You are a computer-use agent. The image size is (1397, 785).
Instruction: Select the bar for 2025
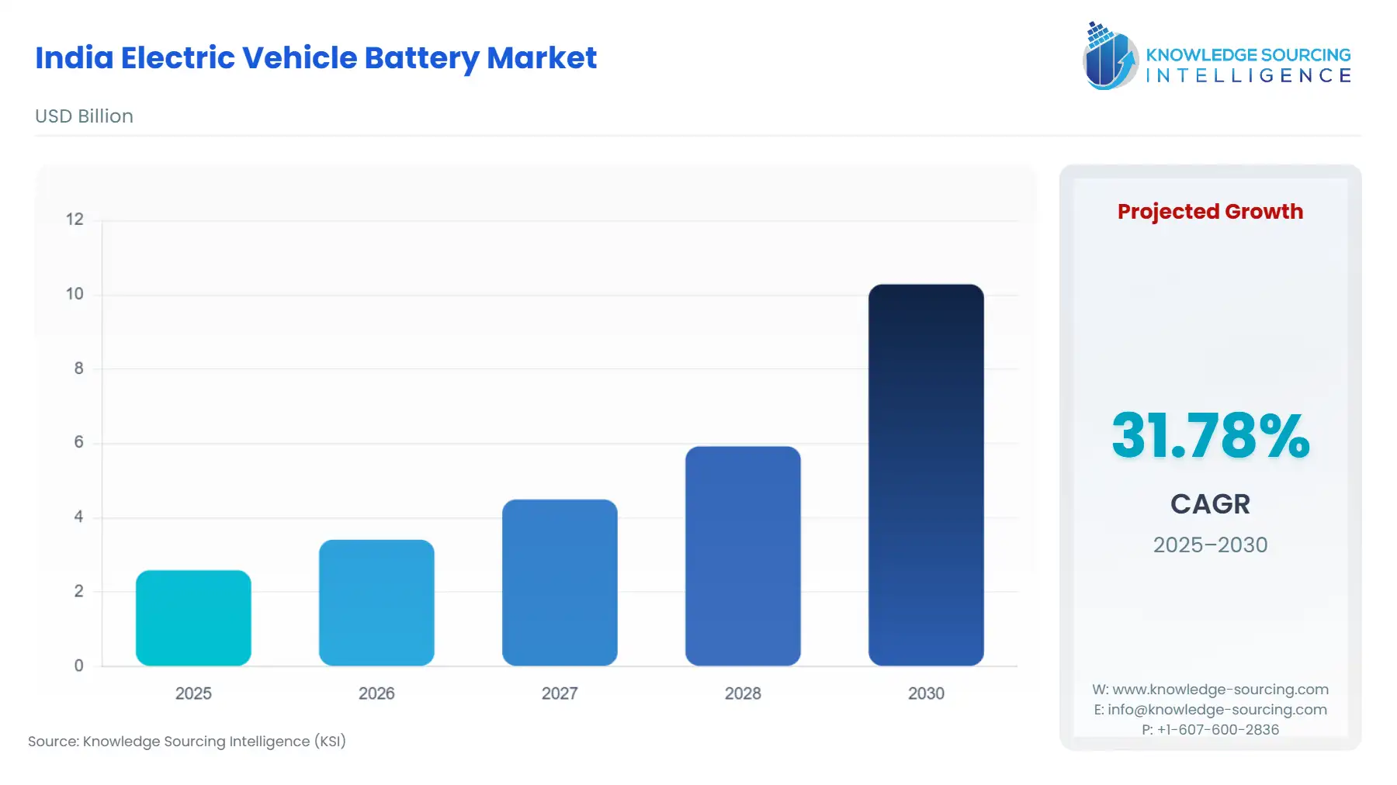193,618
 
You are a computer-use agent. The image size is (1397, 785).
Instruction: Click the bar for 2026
376,603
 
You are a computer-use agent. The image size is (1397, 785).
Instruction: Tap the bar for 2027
560,583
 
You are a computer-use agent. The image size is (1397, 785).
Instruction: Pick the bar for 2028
743,555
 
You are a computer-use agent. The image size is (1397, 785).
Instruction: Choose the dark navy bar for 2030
926,475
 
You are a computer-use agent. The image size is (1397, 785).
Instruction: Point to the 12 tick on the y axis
75,220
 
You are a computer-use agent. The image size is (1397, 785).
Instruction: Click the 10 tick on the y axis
75,294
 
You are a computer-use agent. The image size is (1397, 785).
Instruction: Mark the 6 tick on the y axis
78,442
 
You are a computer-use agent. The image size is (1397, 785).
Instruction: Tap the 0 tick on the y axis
78,666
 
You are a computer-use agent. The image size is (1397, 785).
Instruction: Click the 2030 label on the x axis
926,693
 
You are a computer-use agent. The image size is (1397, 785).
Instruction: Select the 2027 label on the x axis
560,693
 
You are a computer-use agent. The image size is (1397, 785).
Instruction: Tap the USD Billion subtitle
84,116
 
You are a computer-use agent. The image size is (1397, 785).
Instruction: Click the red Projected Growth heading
1210,212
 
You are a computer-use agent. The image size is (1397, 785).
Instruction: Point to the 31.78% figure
1210,436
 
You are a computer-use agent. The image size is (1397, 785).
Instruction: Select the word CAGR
1210,504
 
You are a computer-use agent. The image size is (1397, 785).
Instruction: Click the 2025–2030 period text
1210,545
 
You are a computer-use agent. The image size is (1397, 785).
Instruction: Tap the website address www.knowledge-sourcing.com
1220,690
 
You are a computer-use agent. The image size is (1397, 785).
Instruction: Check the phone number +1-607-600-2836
1218,730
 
